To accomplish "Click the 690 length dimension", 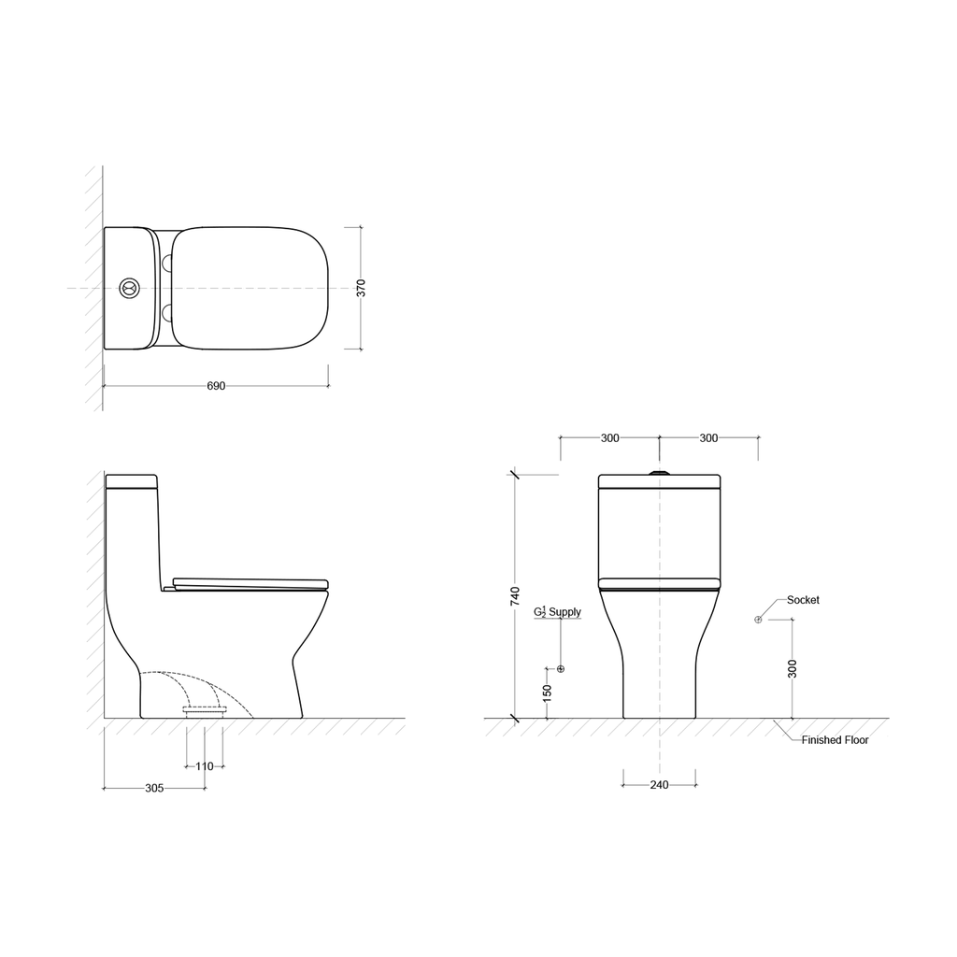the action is [216, 386].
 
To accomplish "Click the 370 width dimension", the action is [362, 288].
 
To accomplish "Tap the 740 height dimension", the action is [515, 596].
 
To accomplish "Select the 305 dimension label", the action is [154, 788].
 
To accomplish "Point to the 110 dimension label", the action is [205, 766].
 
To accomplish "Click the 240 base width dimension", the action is [659, 785].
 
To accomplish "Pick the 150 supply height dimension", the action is [547, 693].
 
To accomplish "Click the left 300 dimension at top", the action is [609, 437].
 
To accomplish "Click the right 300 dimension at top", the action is [708, 437].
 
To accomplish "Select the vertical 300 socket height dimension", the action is [793, 669].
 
